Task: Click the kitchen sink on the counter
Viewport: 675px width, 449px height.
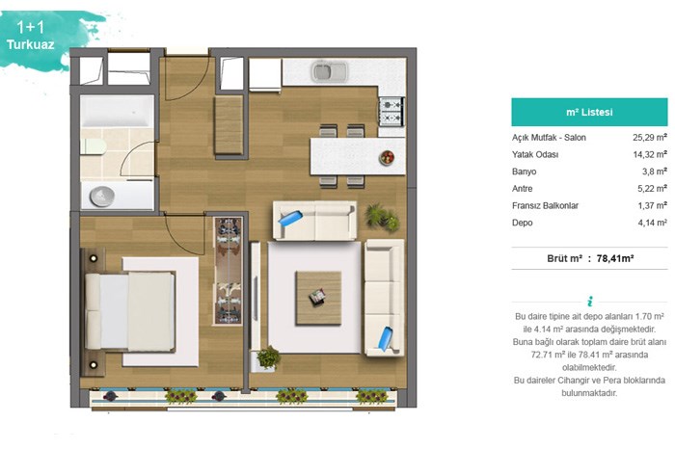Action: click(330, 71)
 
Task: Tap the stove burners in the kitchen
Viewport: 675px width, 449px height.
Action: click(391, 112)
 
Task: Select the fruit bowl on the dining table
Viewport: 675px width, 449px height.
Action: click(387, 157)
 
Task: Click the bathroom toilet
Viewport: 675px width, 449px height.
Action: click(94, 146)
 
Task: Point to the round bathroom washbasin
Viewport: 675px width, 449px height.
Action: click(102, 197)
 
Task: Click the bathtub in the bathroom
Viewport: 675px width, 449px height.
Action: click(117, 112)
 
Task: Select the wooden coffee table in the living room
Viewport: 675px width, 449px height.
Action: click(318, 298)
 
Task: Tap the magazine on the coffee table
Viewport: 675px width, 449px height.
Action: click(317, 297)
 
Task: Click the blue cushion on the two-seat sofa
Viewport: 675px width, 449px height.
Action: click(290, 218)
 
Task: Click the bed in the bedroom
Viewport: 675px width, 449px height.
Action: click(130, 311)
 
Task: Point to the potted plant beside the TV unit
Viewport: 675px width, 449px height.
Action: click(268, 357)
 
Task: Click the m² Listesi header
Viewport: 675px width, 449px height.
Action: click(589, 112)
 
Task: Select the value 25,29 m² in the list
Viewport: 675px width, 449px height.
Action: click(650, 138)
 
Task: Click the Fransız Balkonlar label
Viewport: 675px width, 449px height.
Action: click(545, 206)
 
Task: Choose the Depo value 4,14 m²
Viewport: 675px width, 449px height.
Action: click(652, 223)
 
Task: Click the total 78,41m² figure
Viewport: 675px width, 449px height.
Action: click(615, 258)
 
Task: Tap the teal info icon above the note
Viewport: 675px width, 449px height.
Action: click(590, 301)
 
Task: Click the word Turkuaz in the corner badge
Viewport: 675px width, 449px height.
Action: click(31, 44)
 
